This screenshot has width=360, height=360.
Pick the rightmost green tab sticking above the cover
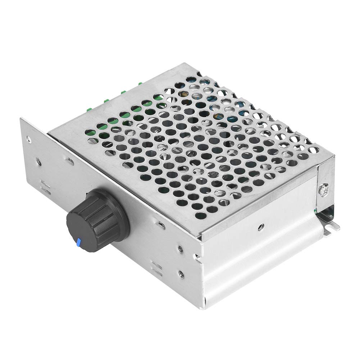click(x=140, y=84)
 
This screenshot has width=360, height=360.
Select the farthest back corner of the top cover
click(x=186, y=64)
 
